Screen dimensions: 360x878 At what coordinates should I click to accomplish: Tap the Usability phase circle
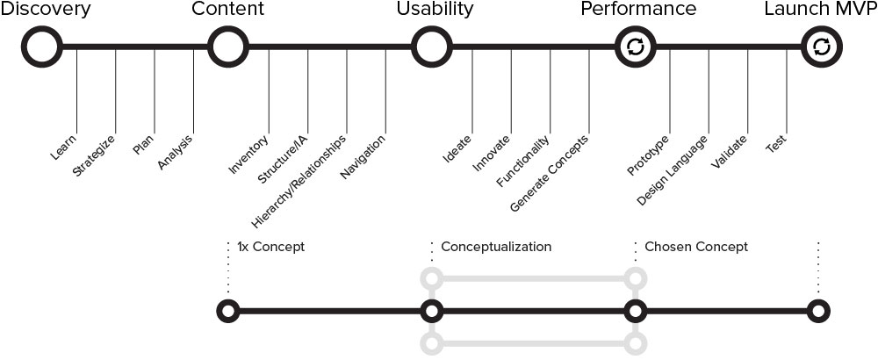click(430, 47)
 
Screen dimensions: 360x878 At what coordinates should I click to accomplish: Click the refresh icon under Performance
click(635, 47)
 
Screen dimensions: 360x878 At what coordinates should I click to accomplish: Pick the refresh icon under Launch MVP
click(822, 47)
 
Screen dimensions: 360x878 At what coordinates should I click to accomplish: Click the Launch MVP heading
click(820, 10)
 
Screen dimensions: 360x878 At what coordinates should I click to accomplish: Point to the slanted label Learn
click(64, 147)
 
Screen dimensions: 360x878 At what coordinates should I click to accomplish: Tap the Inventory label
click(248, 155)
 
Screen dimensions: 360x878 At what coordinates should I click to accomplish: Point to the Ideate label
click(457, 148)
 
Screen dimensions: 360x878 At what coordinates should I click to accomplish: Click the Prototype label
click(649, 155)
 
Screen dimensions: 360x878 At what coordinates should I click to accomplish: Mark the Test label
click(776, 145)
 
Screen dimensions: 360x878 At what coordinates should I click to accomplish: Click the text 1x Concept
click(270, 247)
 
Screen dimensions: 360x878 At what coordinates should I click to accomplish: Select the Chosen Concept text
click(696, 247)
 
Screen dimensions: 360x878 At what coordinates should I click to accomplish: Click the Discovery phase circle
click(41, 47)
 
